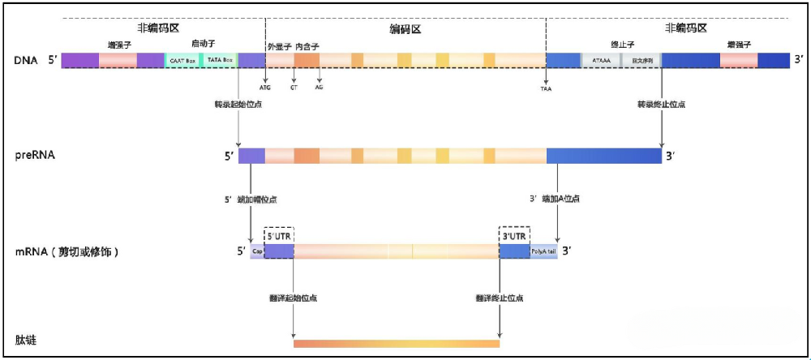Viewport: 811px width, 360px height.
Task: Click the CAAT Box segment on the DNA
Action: (x=182, y=60)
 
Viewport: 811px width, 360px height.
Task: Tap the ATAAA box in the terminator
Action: (x=602, y=60)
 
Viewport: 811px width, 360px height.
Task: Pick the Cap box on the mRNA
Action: (x=257, y=251)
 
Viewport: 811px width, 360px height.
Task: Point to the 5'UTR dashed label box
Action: (x=279, y=234)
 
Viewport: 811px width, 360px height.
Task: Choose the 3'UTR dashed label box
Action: (x=514, y=234)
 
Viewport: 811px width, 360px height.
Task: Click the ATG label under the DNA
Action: (x=265, y=87)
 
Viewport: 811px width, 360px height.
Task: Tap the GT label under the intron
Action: (x=294, y=87)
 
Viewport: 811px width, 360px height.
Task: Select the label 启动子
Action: (x=203, y=44)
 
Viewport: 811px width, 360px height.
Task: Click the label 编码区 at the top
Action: (x=405, y=29)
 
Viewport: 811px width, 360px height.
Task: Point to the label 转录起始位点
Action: (x=238, y=105)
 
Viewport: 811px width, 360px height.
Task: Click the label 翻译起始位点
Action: (x=294, y=298)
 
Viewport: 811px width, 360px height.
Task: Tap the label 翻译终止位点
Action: (x=500, y=298)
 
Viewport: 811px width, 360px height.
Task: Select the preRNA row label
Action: (x=35, y=155)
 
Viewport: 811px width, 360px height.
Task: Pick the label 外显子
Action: (x=279, y=46)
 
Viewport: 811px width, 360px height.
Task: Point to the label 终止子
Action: (x=621, y=45)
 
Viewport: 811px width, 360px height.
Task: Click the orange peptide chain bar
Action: (x=397, y=344)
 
